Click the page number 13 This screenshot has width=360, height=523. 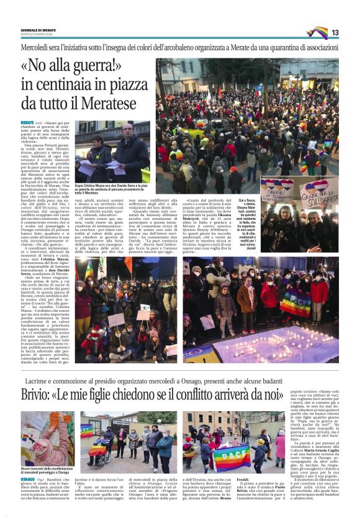tap(335, 32)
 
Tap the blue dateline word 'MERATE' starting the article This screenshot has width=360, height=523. tap(27, 124)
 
